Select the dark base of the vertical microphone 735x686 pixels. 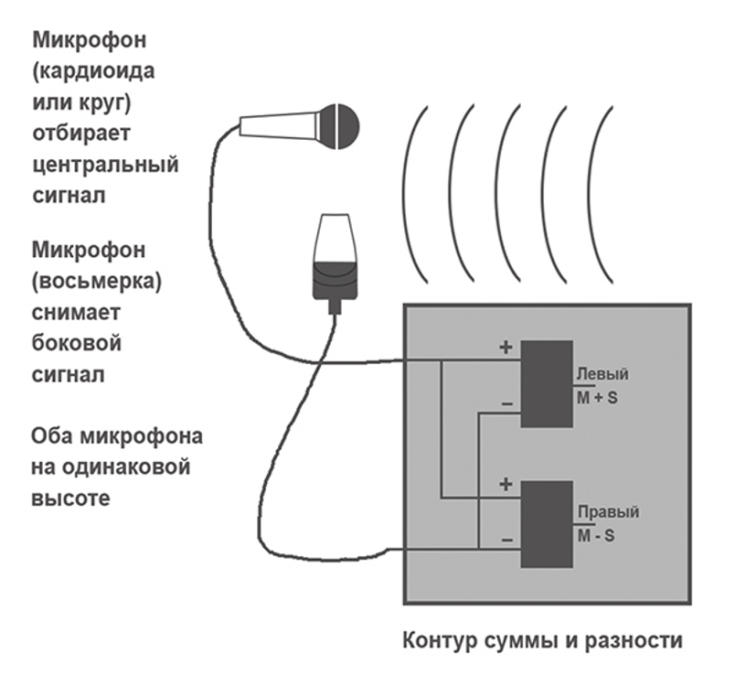click(x=335, y=281)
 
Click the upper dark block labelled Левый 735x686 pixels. click(x=546, y=382)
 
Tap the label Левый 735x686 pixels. click(x=602, y=375)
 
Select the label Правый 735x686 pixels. click(x=607, y=512)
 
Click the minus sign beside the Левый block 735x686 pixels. click(x=506, y=403)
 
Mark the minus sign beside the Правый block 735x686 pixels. click(x=506, y=541)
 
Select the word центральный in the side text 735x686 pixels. click(x=104, y=166)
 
